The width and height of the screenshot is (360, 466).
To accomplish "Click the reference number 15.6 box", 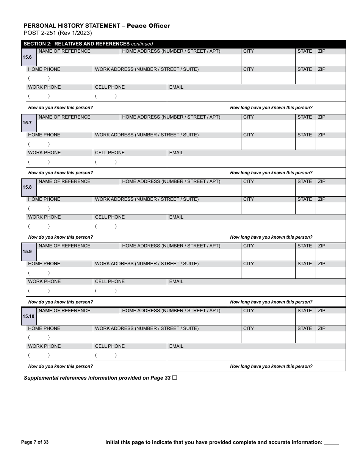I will point(29,57).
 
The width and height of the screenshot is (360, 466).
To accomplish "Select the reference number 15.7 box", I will point(29,123).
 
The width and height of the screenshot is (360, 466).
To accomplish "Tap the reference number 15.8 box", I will point(29,187).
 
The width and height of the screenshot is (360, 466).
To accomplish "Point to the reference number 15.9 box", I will point(29,252).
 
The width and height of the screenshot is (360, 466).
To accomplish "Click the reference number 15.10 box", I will point(29,316).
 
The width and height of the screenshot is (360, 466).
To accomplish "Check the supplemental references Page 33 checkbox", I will point(174,378).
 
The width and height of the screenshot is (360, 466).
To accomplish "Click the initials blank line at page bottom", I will point(332,443).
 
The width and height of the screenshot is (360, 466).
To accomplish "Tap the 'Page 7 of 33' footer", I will point(35,442).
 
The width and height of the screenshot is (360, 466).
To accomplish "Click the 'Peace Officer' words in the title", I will point(148,26).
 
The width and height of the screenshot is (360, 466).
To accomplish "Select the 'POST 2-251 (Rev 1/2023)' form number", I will point(58,33).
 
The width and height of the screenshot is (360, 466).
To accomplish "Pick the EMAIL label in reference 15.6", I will point(176,87).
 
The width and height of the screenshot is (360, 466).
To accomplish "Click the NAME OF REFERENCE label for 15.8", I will point(64,181).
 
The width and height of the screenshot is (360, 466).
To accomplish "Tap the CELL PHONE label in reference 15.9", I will point(110,281).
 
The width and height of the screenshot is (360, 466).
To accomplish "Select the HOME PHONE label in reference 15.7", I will point(44,135).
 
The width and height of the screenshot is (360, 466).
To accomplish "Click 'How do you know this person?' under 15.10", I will point(61,366).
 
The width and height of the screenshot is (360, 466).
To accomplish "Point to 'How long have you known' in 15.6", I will point(271,108).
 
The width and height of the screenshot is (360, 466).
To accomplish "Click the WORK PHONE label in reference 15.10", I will point(44,346).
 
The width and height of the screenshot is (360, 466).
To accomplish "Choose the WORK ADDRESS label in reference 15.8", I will point(147,199).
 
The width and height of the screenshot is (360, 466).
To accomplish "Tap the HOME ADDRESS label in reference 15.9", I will point(171,246).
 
